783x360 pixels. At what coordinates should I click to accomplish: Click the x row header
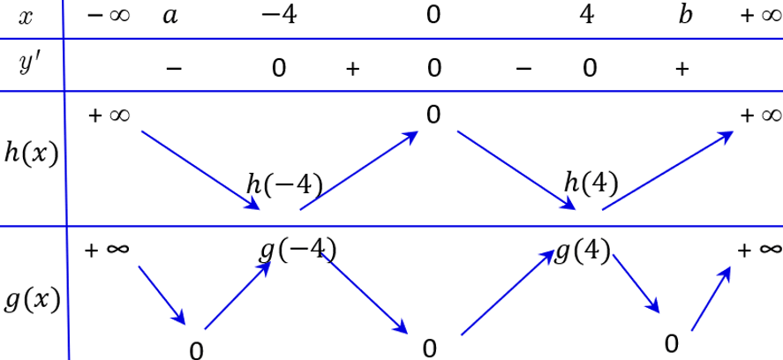25,17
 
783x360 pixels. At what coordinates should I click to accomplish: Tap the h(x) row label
31,153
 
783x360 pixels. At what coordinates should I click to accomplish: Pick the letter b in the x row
685,17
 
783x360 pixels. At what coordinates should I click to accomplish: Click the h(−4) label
284,184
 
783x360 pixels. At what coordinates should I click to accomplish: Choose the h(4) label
591,184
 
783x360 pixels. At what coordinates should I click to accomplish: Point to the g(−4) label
297,249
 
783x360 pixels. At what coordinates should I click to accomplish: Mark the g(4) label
583,251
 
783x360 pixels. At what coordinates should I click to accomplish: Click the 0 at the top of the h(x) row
433,115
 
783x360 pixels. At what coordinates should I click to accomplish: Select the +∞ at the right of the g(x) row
760,250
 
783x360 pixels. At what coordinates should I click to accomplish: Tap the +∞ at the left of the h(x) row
110,115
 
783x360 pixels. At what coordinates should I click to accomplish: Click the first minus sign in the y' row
174,69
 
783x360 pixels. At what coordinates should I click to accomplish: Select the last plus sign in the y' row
681,69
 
